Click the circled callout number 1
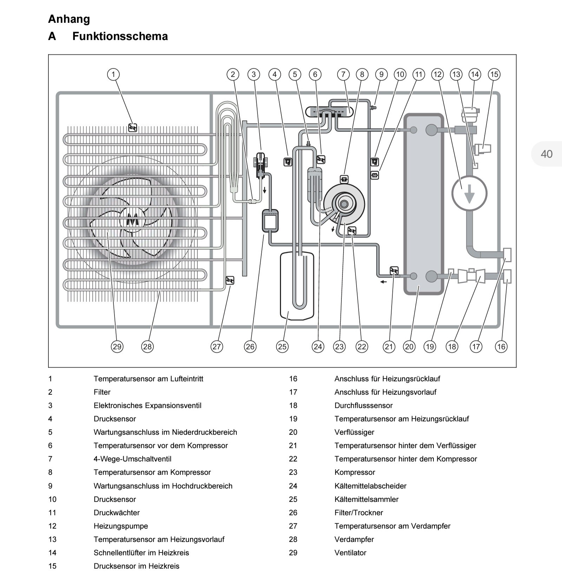pyautogui.click(x=113, y=75)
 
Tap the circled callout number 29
pyautogui.click(x=117, y=347)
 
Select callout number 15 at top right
pyautogui.click(x=494, y=75)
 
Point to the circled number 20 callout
pyautogui.click(x=409, y=347)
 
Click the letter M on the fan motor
pyautogui.click(x=132, y=220)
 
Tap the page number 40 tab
pyautogui.click(x=546, y=154)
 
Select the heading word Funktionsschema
pyautogui.click(x=120, y=36)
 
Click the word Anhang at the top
pyautogui.click(x=69, y=19)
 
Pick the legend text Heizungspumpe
pyautogui.click(x=120, y=526)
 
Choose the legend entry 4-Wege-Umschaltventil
pyautogui.click(x=132, y=459)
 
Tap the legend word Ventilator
pyautogui.click(x=350, y=553)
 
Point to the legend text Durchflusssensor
pyautogui.click(x=363, y=405)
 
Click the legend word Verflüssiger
pyautogui.click(x=354, y=432)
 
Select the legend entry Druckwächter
pyautogui.click(x=117, y=512)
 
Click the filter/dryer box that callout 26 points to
pyautogui.click(x=270, y=221)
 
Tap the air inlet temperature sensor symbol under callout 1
pyautogui.click(x=132, y=128)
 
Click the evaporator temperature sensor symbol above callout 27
pyautogui.click(x=230, y=280)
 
